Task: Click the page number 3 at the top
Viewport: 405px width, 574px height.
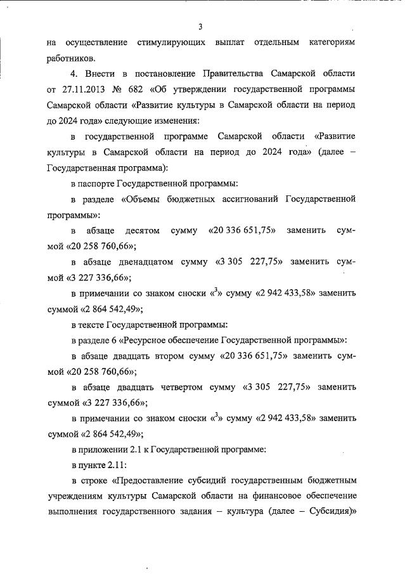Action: point(200,27)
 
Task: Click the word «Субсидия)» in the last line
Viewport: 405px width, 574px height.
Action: point(332,512)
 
